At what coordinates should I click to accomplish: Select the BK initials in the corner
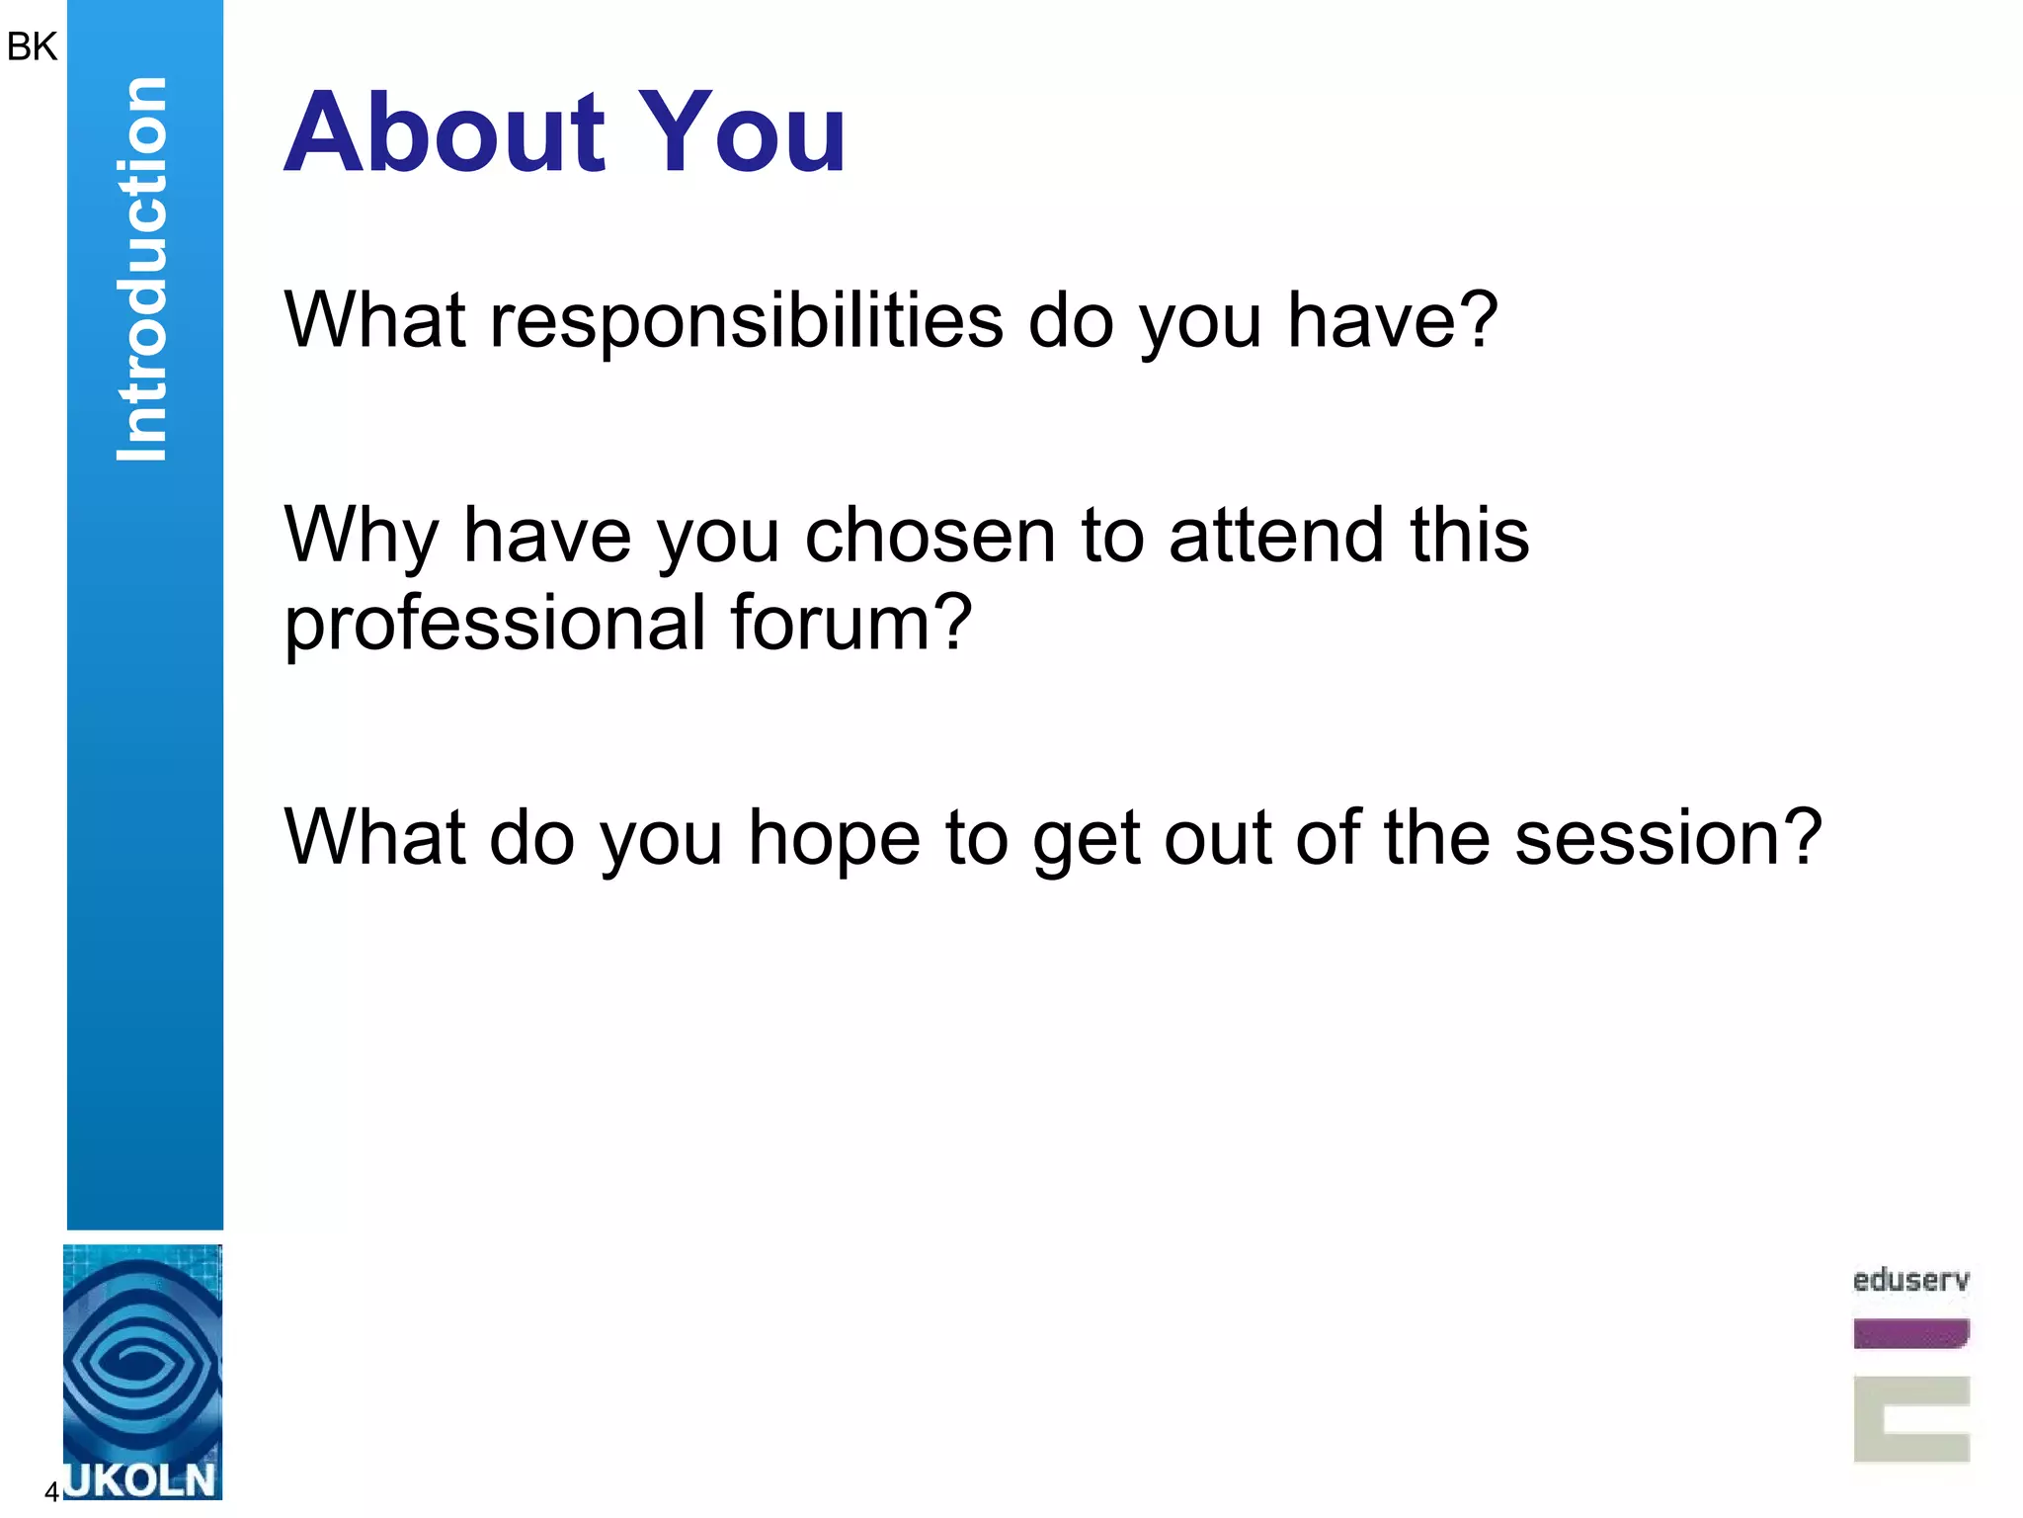(x=32, y=46)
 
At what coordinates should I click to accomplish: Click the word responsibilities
(x=747, y=322)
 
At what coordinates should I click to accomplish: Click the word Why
(x=361, y=538)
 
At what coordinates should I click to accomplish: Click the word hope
(x=834, y=840)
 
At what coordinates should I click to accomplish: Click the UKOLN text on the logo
(x=141, y=1480)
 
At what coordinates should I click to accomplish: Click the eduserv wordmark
(x=1910, y=1281)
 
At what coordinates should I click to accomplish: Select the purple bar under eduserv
(x=1910, y=1333)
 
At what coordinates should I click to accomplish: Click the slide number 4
(x=51, y=1491)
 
